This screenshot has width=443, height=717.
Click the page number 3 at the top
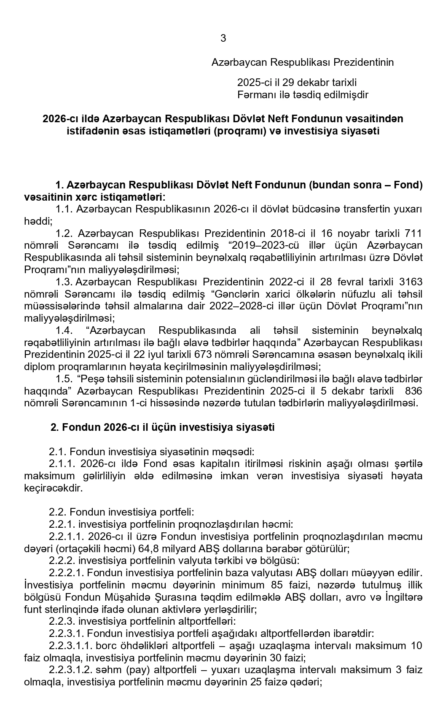pyautogui.click(x=223, y=38)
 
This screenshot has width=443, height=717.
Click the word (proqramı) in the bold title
pyautogui.click(x=237, y=131)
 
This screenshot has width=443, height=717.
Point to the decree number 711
pyautogui.click(x=413, y=234)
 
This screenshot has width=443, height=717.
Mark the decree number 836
pyautogui.click(x=413, y=391)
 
